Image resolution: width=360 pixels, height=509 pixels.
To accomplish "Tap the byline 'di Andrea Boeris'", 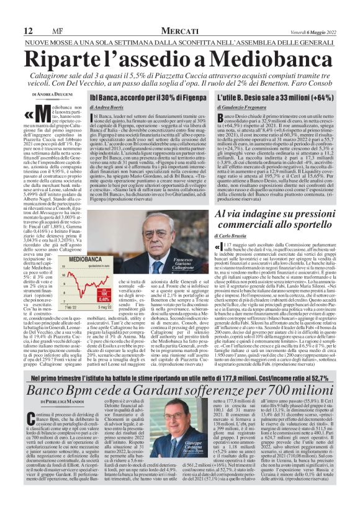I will click(107, 107).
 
